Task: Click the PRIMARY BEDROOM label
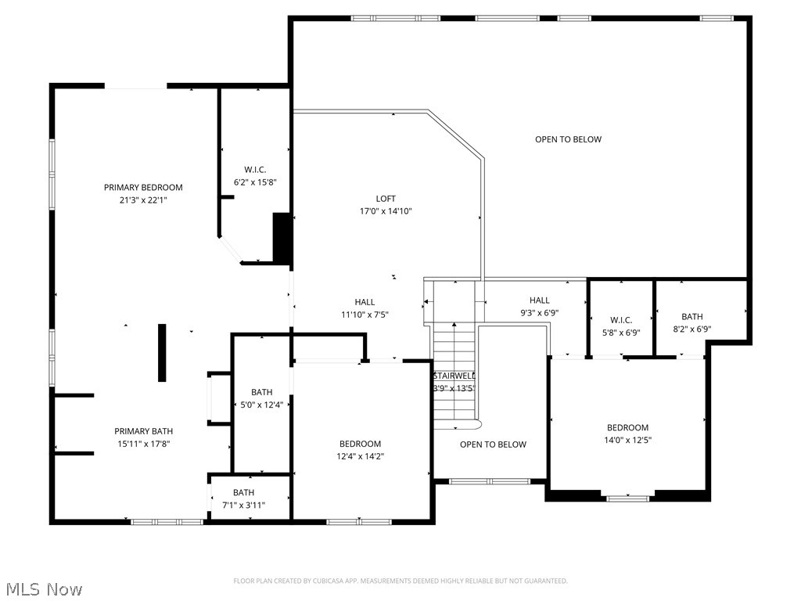tap(143, 187)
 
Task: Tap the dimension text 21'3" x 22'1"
tap(143, 200)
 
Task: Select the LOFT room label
tap(386, 199)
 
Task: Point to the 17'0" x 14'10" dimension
tap(386, 211)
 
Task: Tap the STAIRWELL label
tap(454, 376)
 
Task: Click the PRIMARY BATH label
tap(144, 431)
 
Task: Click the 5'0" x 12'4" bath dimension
tap(262, 405)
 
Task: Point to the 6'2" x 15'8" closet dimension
tap(255, 182)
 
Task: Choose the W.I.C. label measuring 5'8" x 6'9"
tap(620, 320)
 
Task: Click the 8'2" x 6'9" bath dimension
tap(692, 329)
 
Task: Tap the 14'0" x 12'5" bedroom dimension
tap(628, 440)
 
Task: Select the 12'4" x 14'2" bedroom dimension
tap(361, 456)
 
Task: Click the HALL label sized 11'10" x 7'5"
tap(365, 302)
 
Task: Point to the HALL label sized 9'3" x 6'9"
tap(539, 300)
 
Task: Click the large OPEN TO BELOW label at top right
tap(569, 139)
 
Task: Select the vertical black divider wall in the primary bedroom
tap(162, 352)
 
